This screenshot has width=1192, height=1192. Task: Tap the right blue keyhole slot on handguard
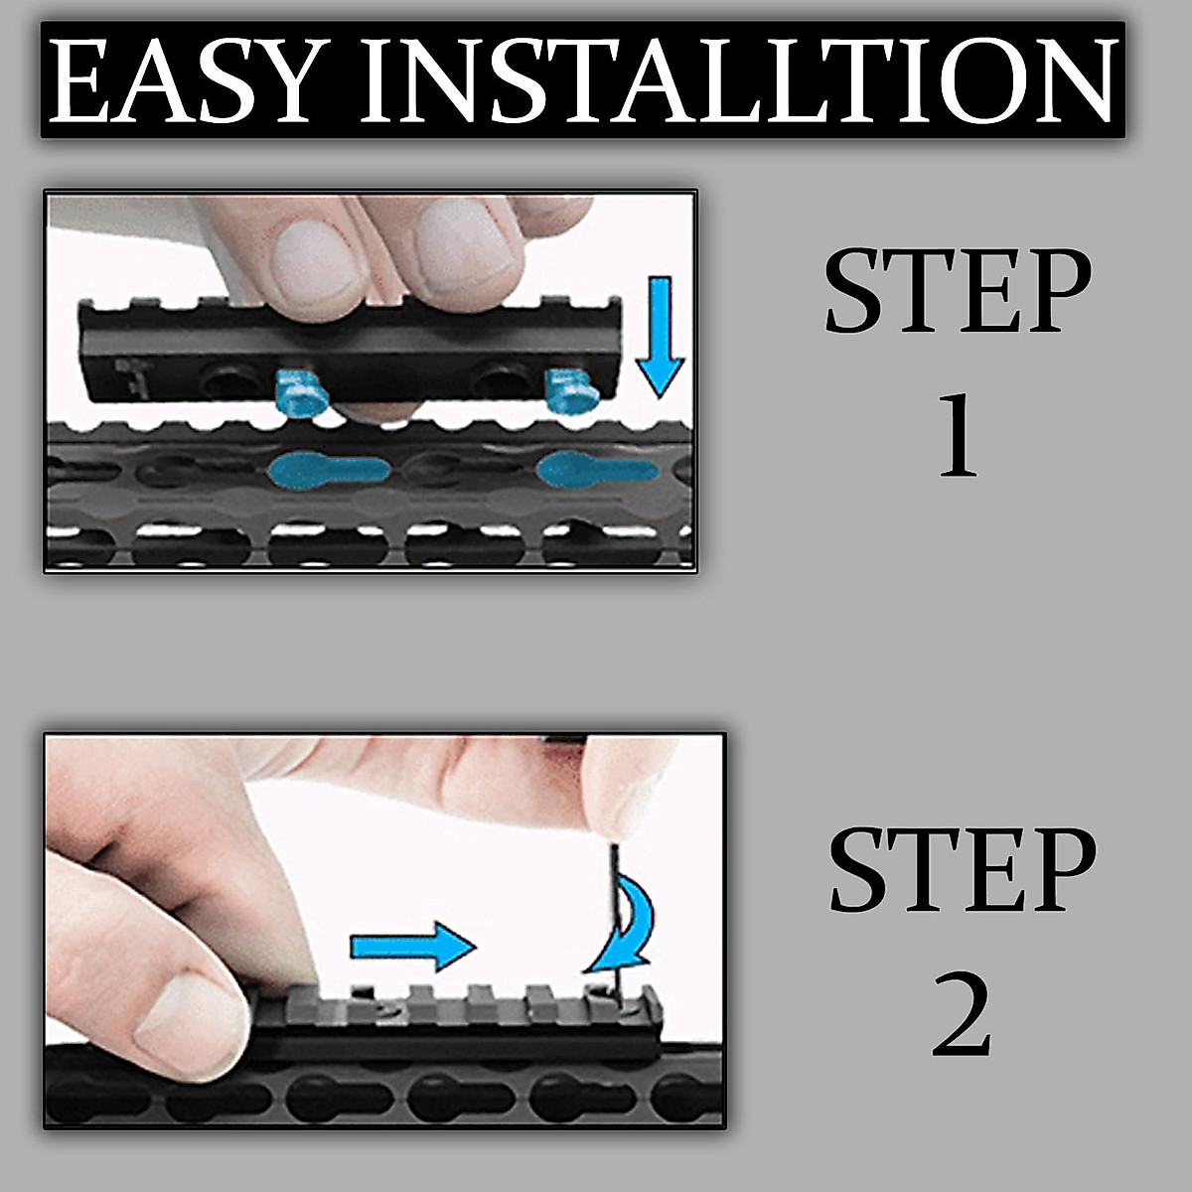coord(594,467)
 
